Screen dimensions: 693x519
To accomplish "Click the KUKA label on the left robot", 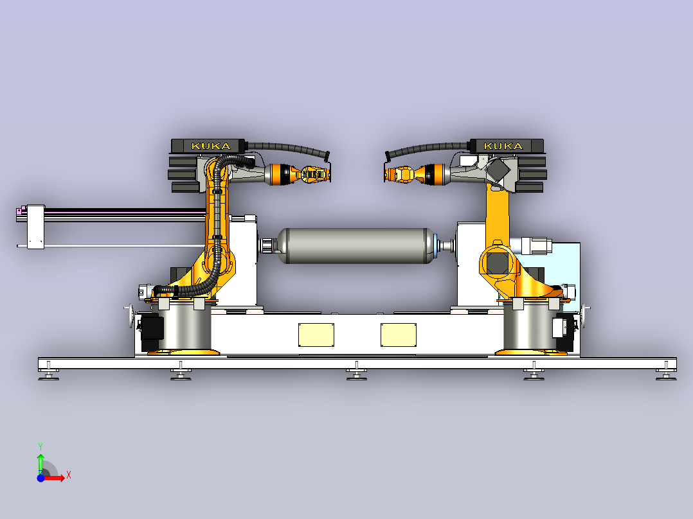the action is tap(211, 146).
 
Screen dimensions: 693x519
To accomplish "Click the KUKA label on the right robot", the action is tap(503, 146).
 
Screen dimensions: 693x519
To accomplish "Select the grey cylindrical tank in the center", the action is tap(355, 245).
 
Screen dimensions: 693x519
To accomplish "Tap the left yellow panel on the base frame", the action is tap(316, 335).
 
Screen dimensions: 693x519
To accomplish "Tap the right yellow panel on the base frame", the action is tap(398, 335).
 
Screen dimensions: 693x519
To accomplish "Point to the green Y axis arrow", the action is tap(40, 462).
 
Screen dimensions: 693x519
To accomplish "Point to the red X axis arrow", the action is tap(54, 478).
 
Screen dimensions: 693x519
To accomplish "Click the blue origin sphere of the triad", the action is tap(40, 478).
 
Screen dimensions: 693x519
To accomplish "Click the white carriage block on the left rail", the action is tap(36, 227).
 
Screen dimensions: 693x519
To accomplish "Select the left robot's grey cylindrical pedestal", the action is tap(184, 327).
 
